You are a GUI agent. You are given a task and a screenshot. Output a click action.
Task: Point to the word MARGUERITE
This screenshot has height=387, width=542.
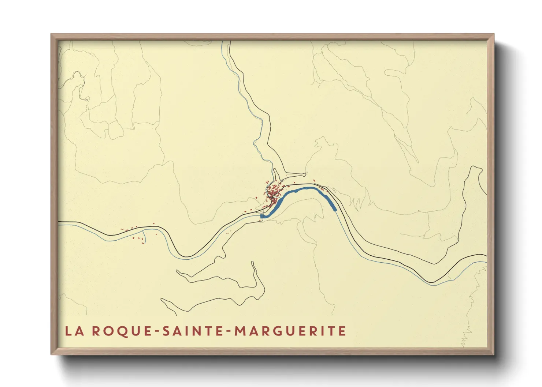290,331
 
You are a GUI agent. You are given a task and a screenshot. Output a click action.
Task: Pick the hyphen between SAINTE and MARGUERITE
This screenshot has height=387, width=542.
228,332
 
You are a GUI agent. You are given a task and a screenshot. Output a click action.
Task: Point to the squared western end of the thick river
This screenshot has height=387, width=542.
262,217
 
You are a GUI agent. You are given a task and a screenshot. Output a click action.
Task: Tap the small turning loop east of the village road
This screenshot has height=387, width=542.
305,174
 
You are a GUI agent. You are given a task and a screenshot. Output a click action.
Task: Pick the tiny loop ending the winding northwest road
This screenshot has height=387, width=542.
87,99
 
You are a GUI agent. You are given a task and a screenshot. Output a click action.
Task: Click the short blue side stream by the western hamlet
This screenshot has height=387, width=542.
144,238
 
